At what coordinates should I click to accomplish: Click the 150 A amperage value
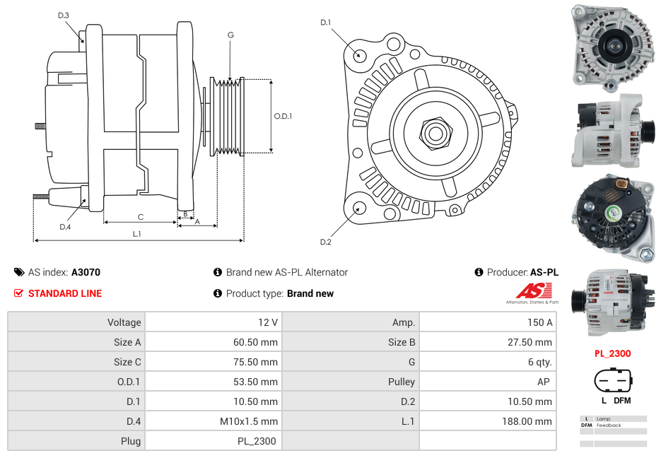pyautogui.click(x=541, y=322)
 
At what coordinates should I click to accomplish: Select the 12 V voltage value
pyautogui.click(x=268, y=322)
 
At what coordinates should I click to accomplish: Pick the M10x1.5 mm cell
pyautogui.click(x=250, y=421)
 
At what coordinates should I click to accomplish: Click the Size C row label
pyautogui.click(x=127, y=362)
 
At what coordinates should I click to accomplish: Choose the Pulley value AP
pyautogui.click(x=545, y=382)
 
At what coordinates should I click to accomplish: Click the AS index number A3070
pyautogui.click(x=86, y=272)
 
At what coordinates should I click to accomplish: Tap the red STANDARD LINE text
pyautogui.click(x=64, y=293)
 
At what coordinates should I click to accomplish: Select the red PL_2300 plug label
pyautogui.click(x=612, y=353)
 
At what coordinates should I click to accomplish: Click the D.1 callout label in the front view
pyautogui.click(x=325, y=23)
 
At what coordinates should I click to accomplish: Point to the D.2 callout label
pyautogui.click(x=325, y=242)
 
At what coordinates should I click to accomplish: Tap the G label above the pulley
pyautogui.click(x=230, y=35)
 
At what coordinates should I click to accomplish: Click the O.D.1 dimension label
pyautogui.click(x=283, y=116)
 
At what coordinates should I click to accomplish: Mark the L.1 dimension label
pyautogui.click(x=137, y=234)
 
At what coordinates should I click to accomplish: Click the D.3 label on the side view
pyautogui.click(x=64, y=15)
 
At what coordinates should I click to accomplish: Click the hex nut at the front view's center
pyautogui.click(x=435, y=132)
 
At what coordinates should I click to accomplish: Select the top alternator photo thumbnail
pyautogui.click(x=612, y=45)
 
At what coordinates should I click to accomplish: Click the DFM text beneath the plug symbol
pyautogui.click(x=621, y=401)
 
